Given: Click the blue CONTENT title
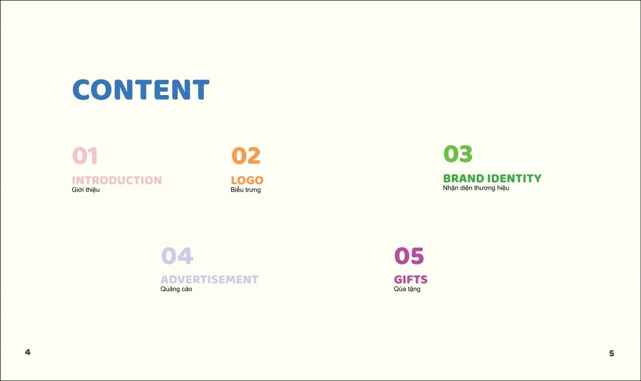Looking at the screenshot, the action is pos(141,89).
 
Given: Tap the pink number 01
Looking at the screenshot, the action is pos(85,155).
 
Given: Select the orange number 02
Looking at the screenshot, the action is pos(246,155).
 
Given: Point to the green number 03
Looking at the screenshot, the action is pos(458,153).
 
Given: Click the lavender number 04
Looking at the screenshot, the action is pos(177,255).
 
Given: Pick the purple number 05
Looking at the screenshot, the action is pos(409,255).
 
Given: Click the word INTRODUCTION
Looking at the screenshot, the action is pos(117,180).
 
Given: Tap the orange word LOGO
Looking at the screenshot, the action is pos(247,180).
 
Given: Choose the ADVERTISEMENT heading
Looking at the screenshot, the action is pos(209,279).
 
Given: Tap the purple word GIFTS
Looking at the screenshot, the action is pos(411,279).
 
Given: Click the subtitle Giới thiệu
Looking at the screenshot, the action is pos(86,190).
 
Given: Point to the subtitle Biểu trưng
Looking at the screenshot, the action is pos(245,190).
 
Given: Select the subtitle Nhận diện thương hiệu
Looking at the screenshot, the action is pos(476,188).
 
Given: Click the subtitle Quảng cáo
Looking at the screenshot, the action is pos(176,289).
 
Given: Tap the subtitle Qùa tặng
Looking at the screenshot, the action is pos(407,289).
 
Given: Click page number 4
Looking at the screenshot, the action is pos(28,352).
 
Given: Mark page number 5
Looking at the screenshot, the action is pos(611,353).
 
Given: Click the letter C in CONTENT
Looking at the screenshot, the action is pos(82,89).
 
